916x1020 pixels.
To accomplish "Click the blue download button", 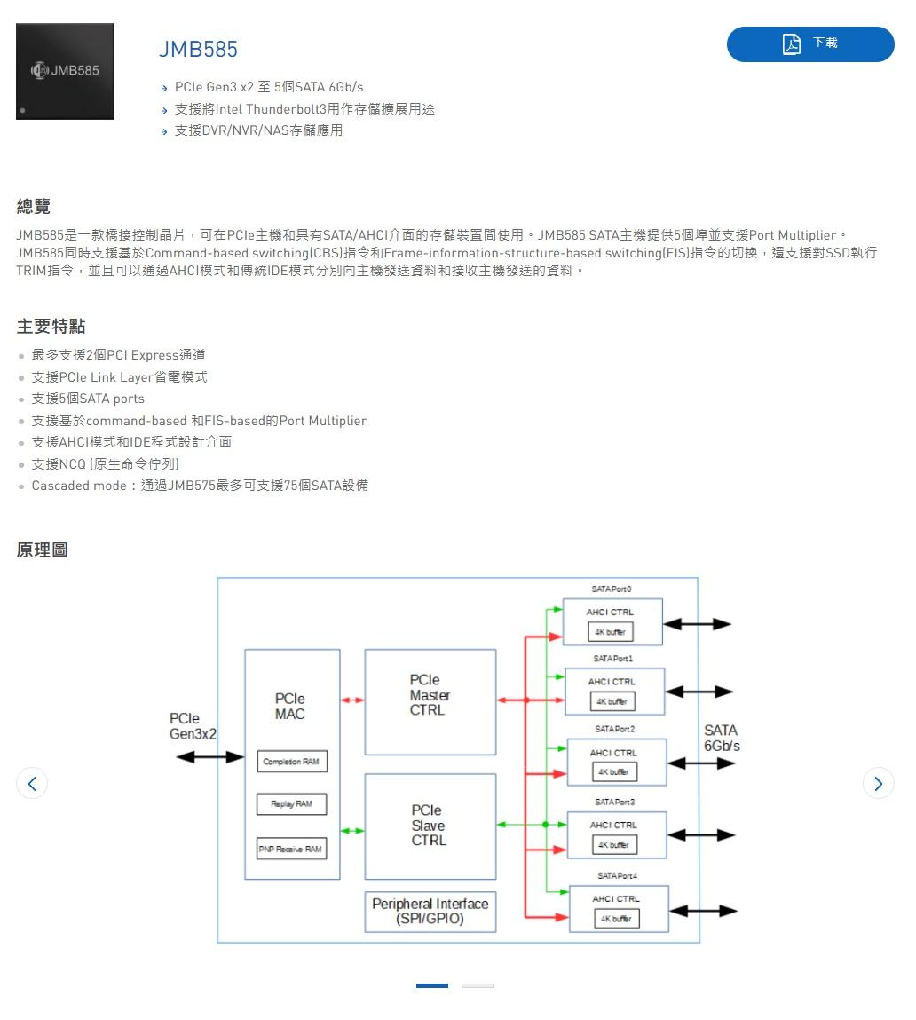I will point(809,44).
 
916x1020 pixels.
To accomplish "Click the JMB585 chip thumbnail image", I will point(65,71).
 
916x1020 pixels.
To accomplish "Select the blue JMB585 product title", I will point(198,49).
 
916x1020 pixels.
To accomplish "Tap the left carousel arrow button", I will point(32,783).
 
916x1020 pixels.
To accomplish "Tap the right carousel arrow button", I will point(878,783).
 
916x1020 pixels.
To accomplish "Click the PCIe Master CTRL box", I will point(430,700).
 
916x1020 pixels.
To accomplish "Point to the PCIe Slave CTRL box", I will point(430,826).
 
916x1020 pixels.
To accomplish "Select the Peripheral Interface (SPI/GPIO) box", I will point(430,912).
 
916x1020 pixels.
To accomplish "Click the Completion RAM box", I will point(291,762).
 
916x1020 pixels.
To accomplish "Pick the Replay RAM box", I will point(291,804).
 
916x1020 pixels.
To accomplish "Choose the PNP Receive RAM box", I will point(291,850).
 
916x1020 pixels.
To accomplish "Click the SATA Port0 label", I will point(612,589).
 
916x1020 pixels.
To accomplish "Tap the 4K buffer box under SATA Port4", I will point(616,919).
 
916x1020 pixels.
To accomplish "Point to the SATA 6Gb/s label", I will point(721,738).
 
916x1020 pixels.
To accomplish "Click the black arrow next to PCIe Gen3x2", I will point(209,757).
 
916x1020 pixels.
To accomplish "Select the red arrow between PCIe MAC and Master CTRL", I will point(352,700).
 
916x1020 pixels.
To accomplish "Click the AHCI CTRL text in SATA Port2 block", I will point(613,753).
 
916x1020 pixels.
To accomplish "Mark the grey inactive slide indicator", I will point(478,985).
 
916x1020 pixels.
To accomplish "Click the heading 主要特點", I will point(51,327).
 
